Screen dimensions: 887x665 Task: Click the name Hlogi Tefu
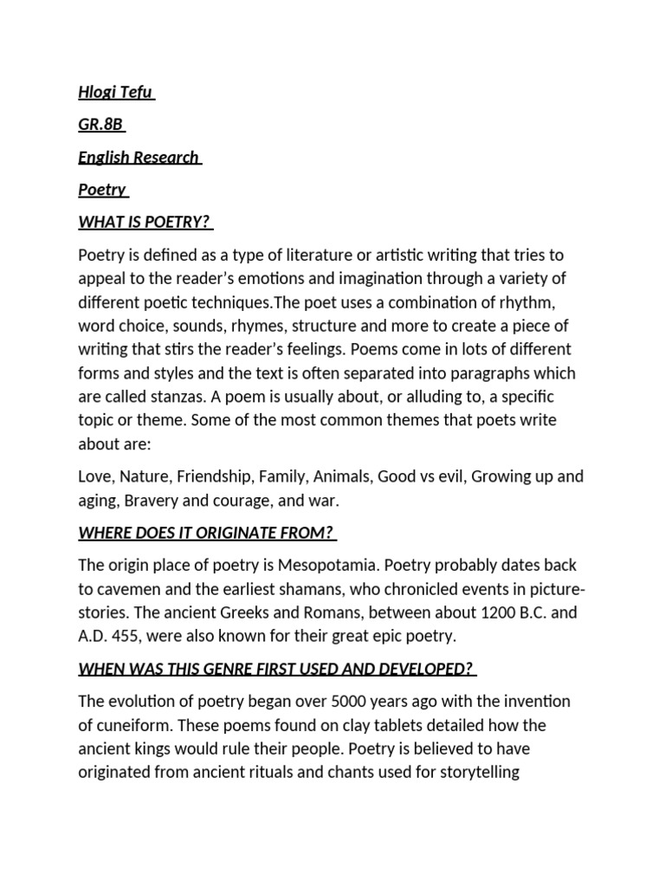116,93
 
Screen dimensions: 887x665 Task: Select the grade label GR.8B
100,125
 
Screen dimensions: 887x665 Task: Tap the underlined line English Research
139,158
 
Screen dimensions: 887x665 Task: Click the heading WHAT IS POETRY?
145,222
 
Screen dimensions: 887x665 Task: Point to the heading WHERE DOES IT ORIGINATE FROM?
206,533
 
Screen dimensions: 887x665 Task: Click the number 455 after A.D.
138,636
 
